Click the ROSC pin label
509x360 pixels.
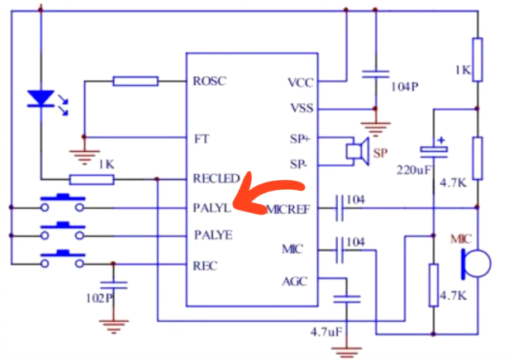[209, 82]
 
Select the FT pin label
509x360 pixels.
[200, 138]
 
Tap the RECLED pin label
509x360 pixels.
[216, 178]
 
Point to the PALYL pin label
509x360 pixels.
[212, 206]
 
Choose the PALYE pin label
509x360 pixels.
[212, 235]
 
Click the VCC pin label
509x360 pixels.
[301, 82]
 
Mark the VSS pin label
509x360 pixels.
[302, 108]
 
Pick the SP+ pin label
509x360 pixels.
[300, 138]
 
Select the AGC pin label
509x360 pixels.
[295, 281]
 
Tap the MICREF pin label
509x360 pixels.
[288, 209]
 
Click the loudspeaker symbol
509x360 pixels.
[356, 151]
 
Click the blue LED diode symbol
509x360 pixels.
[39, 100]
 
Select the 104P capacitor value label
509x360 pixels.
[404, 86]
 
